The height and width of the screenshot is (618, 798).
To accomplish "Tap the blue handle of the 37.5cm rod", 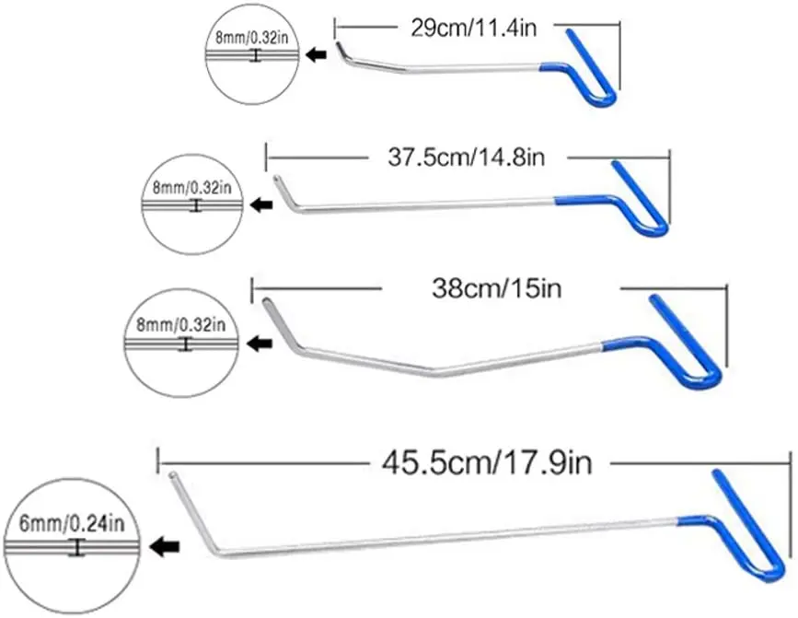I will (634, 197).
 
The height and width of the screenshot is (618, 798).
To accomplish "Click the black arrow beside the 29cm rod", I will (317, 56).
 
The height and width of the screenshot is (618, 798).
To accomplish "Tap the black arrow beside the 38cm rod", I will (261, 344).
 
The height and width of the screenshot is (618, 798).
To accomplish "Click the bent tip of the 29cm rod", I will (342, 51).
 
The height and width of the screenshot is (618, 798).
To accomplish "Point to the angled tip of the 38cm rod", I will (274, 317).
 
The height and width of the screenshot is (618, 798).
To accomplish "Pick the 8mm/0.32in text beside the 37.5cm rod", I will (192, 186).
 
